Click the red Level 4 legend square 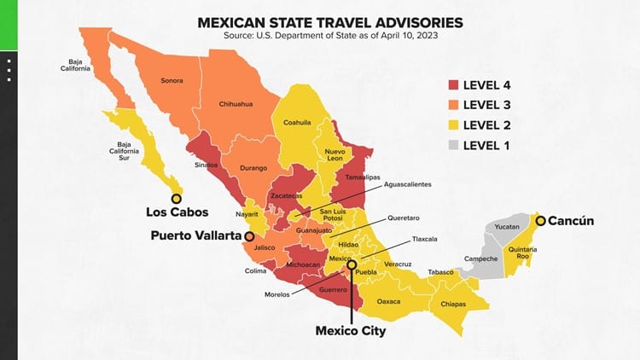pyautogui.click(x=452, y=85)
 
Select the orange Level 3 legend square pyautogui.click(x=452, y=105)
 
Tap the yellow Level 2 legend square pyautogui.click(x=452, y=125)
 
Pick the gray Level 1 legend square pyautogui.click(x=452, y=146)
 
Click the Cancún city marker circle pyautogui.click(x=538, y=220)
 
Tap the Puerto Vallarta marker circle pyautogui.click(x=249, y=235)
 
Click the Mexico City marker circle pyautogui.click(x=351, y=266)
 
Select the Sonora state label pyautogui.click(x=172, y=81)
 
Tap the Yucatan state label pyautogui.click(x=507, y=228)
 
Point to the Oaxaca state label pyautogui.click(x=388, y=301)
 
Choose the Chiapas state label pyautogui.click(x=454, y=304)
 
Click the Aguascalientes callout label pyautogui.click(x=408, y=184)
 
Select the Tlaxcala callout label pyautogui.click(x=424, y=239)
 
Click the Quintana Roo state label pyautogui.click(x=522, y=253)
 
